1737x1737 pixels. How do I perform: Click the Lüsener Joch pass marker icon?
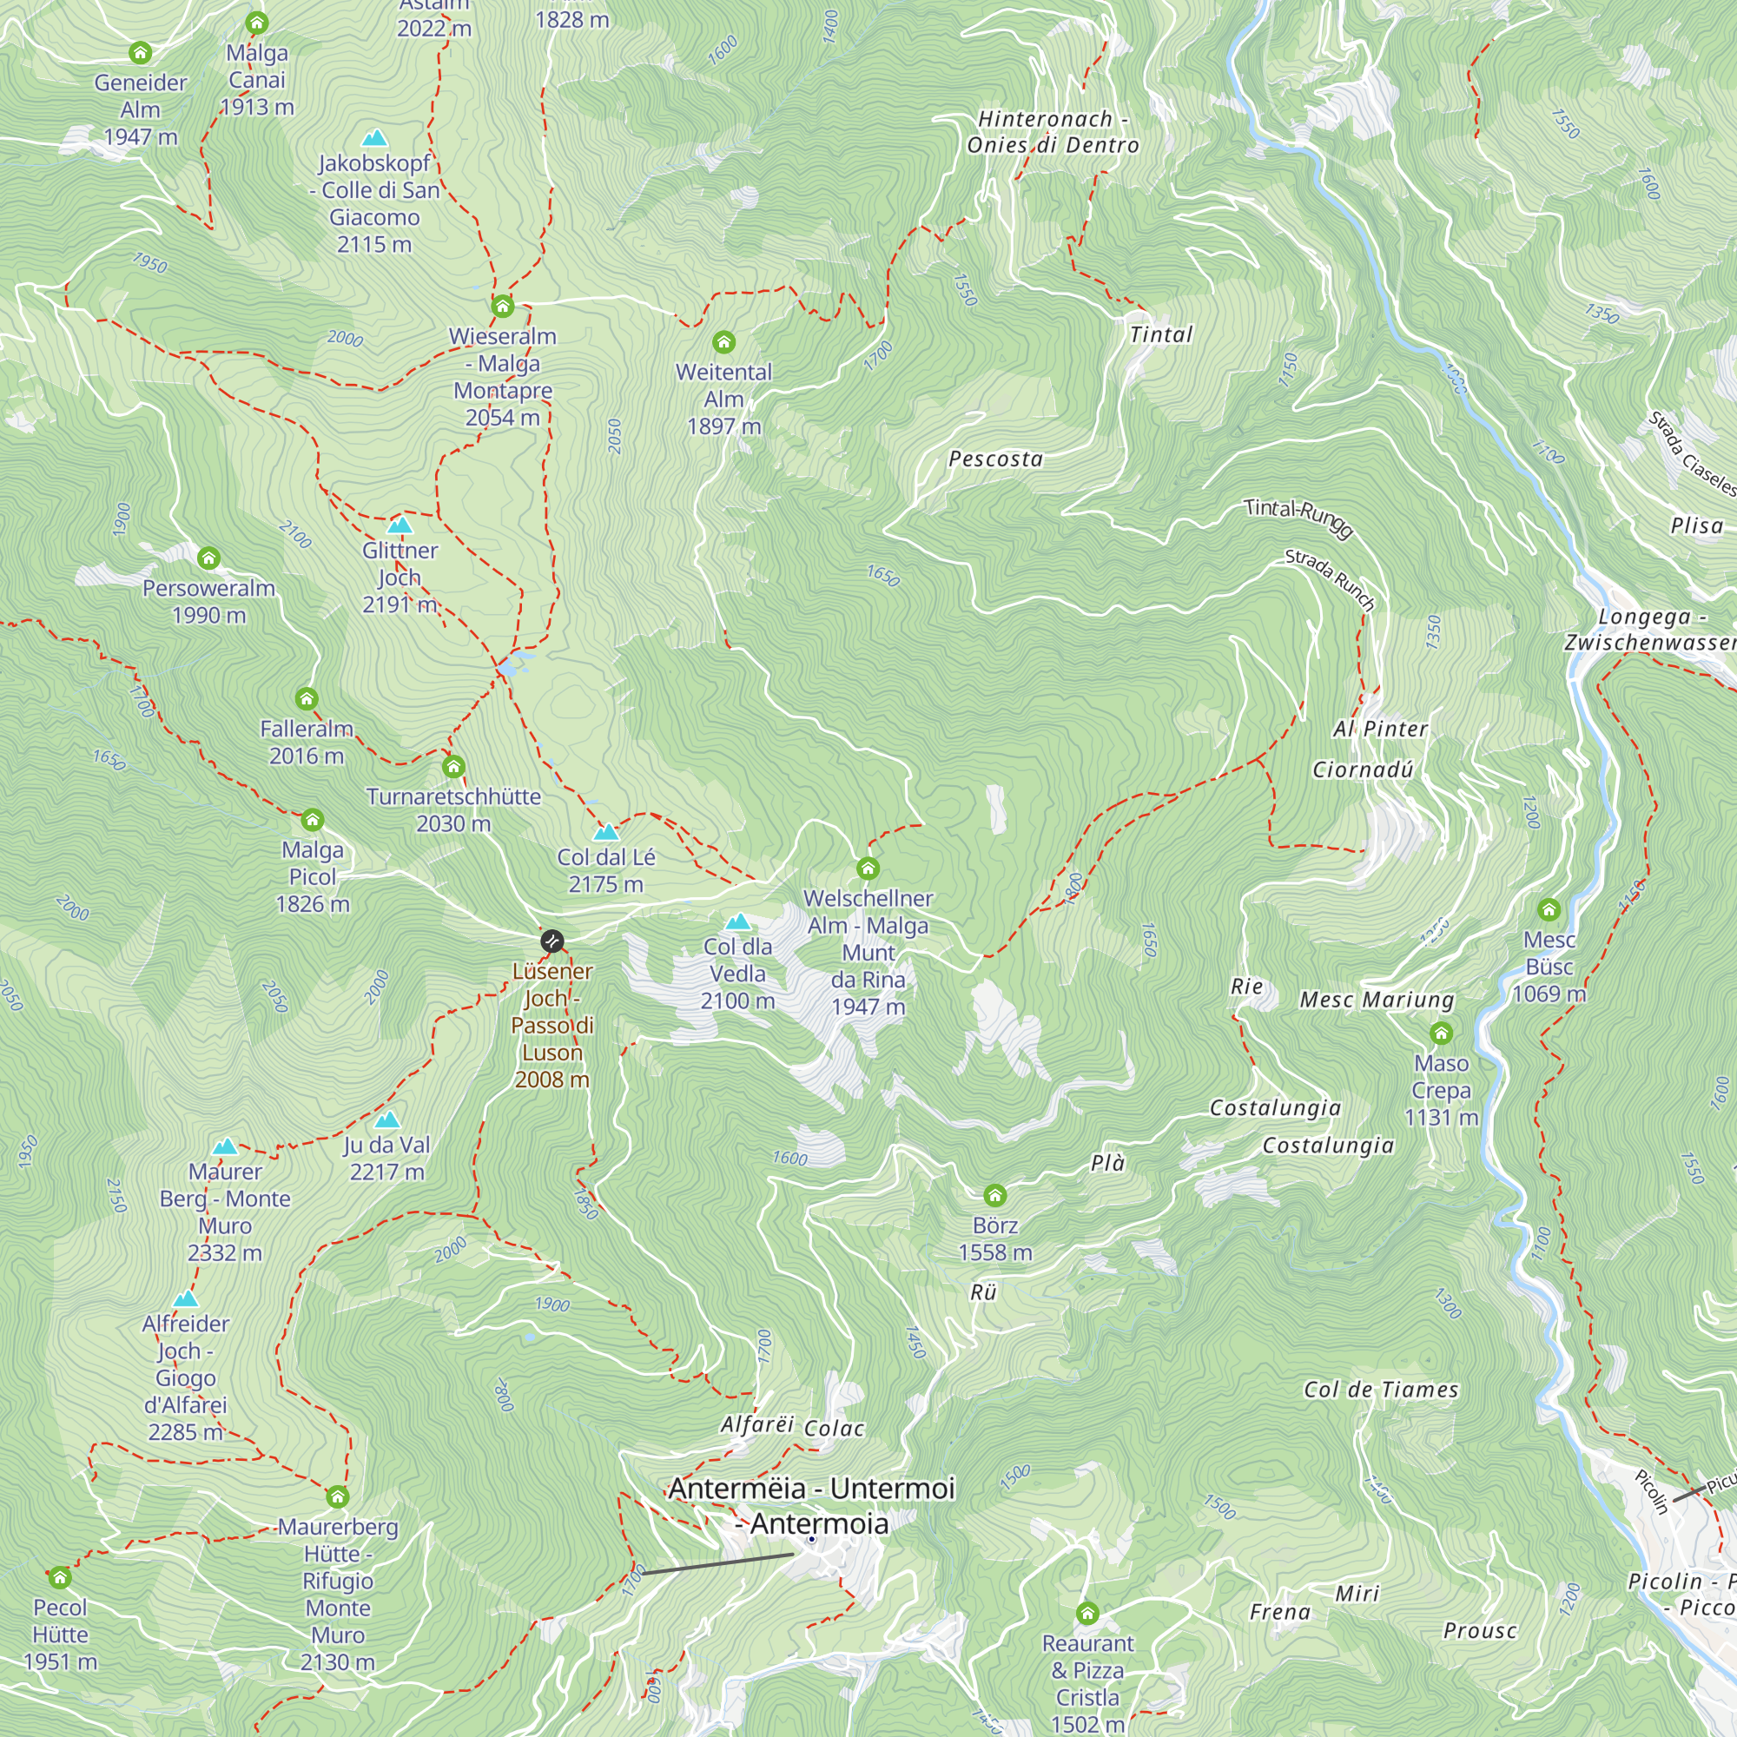point(552,941)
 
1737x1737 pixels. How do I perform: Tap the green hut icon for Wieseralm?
point(503,307)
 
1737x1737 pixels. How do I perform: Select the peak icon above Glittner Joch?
point(400,525)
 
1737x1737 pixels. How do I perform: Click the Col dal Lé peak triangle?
point(606,832)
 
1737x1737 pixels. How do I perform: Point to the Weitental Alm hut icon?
point(723,341)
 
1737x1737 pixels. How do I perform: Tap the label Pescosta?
point(995,459)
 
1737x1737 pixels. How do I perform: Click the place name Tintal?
point(1160,335)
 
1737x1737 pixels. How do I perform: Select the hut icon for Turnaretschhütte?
point(453,767)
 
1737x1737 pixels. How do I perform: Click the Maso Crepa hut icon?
point(1441,1033)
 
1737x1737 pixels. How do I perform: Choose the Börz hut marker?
point(994,1195)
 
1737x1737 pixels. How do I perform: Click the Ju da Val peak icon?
point(386,1119)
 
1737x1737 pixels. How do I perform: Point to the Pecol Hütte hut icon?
point(59,1578)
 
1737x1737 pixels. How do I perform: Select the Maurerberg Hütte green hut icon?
point(337,1497)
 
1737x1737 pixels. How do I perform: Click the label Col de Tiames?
point(1381,1390)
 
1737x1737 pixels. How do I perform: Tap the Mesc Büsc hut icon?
point(1549,909)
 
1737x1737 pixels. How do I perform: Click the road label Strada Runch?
point(1330,580)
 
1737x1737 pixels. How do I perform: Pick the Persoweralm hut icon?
point(208,558)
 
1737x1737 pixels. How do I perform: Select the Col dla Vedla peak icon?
point(737,921)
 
